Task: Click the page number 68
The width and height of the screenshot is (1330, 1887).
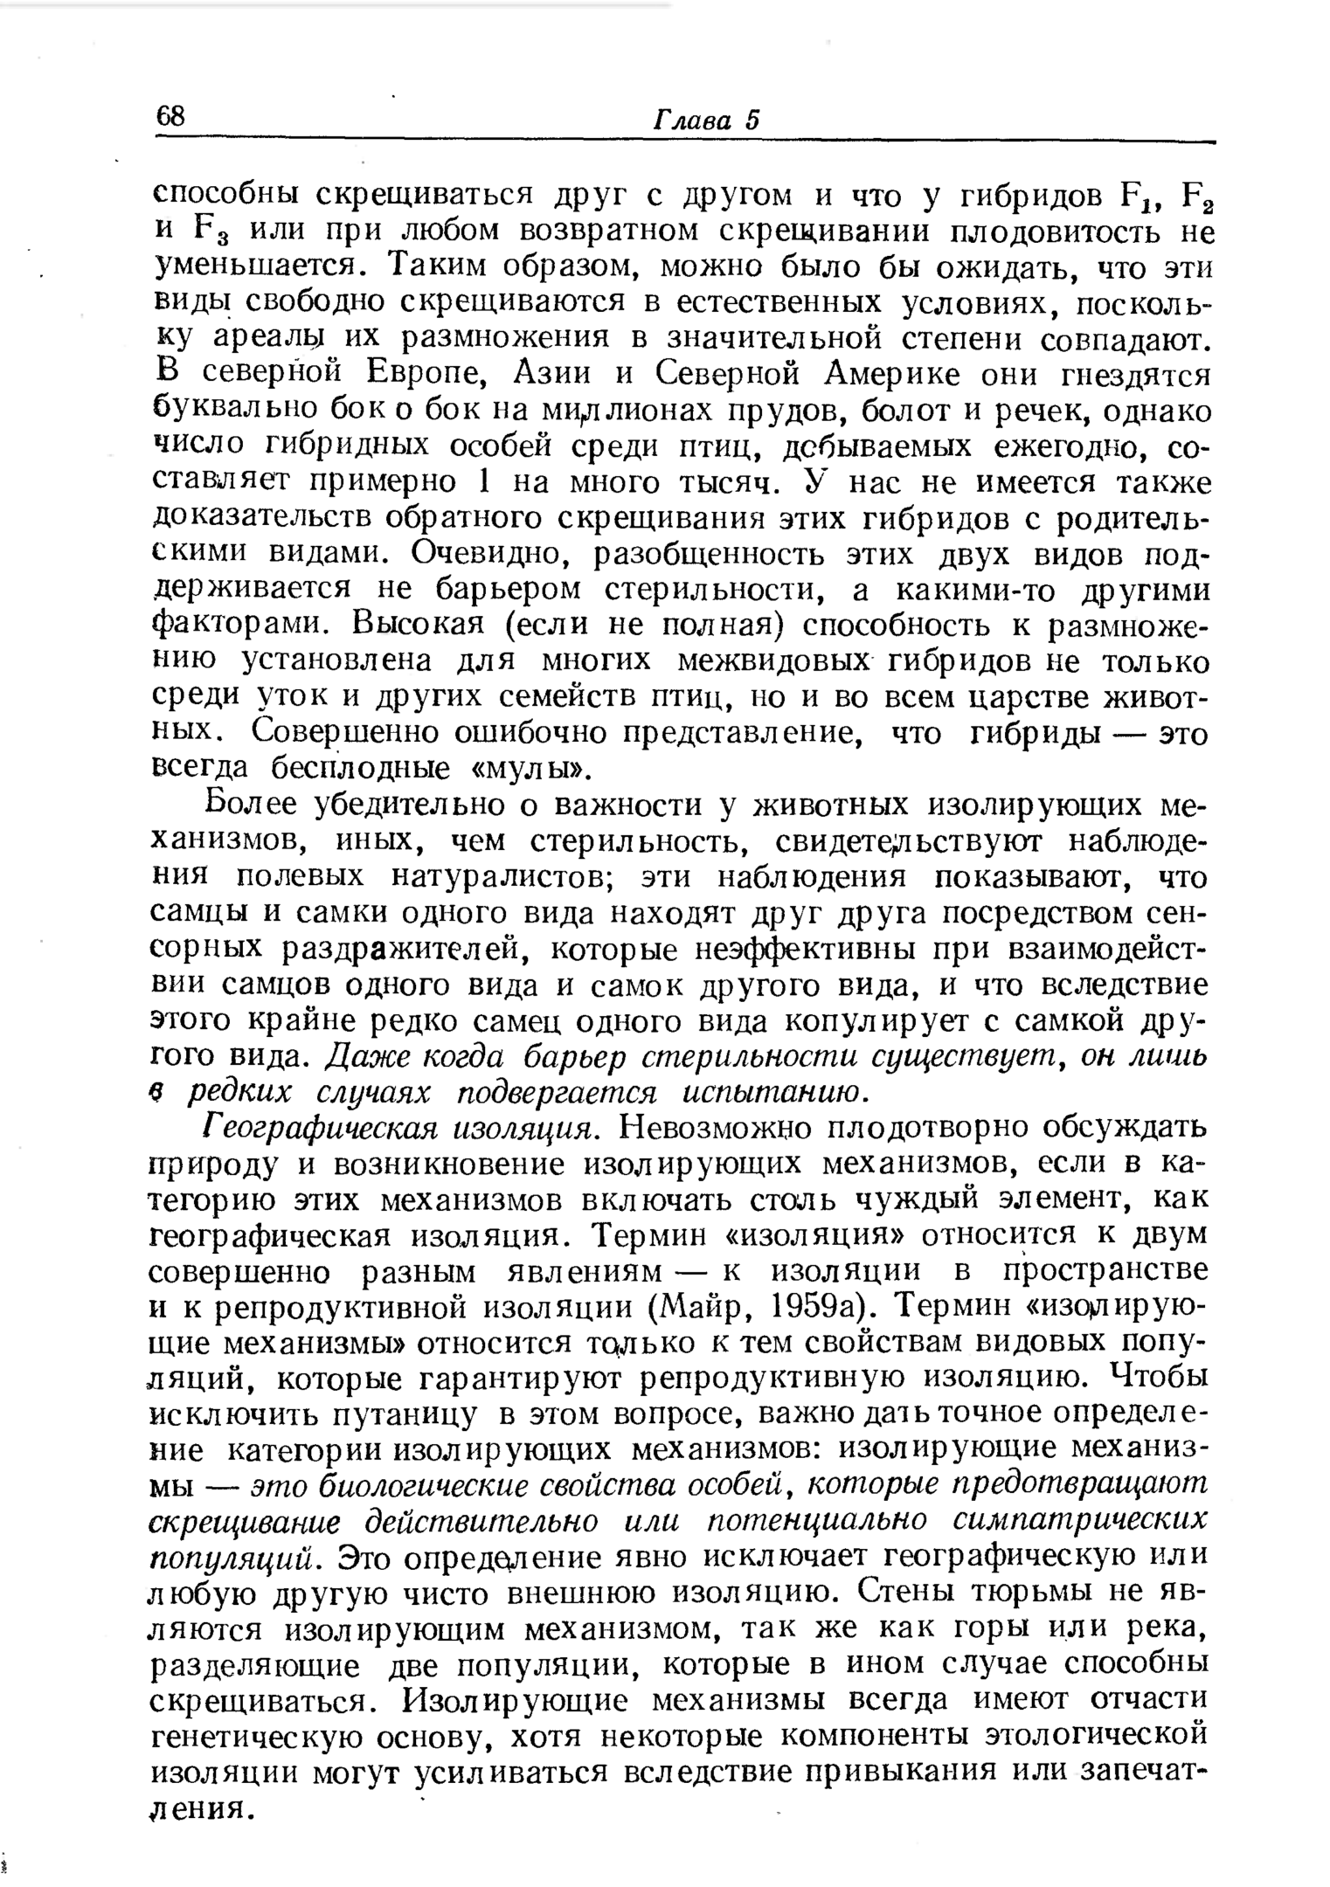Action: pos(171,117)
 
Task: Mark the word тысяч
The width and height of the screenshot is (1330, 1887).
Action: pos(732,482)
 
